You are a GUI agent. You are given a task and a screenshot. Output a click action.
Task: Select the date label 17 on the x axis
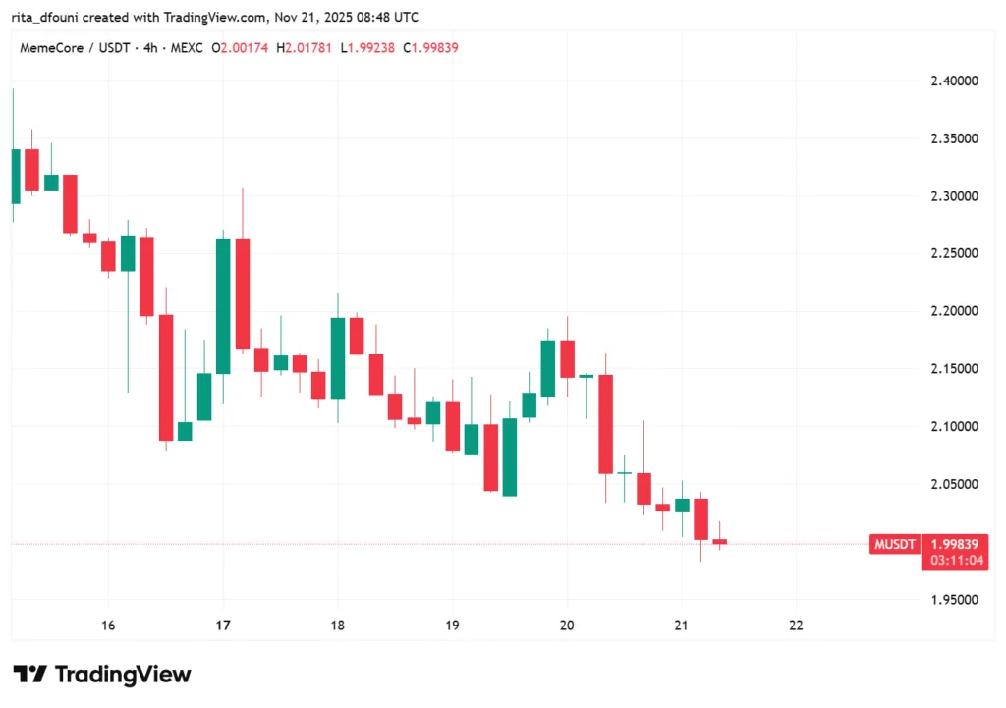click(223, 625)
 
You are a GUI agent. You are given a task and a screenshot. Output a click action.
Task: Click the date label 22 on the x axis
click(796, 625)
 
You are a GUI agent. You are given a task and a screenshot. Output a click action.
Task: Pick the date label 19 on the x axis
click(452, 625)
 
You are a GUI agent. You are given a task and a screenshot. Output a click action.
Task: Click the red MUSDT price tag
click(894, 544)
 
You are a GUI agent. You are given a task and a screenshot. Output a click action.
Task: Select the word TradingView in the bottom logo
click(123, 675)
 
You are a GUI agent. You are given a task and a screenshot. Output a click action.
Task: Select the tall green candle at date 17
click(223, 306)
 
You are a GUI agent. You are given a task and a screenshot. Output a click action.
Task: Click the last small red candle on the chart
click(720, 541)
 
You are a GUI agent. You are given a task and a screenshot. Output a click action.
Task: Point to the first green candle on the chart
click(15, 177)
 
